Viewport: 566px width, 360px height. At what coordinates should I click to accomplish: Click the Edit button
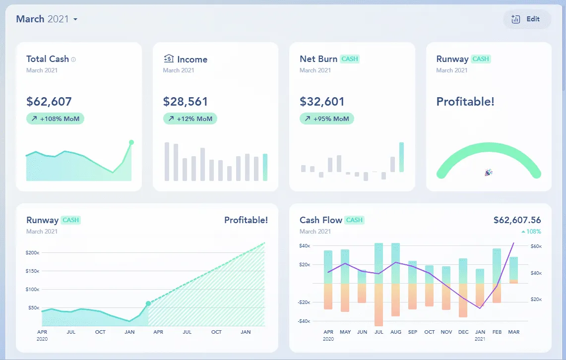point(527,19)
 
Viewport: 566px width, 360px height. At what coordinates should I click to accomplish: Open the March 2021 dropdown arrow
point(75,20)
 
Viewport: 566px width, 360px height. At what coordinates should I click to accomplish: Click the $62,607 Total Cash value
point(49,102)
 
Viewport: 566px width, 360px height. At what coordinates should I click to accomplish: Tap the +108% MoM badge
point(55,119)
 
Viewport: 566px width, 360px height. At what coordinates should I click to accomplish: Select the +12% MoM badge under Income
point(190,119)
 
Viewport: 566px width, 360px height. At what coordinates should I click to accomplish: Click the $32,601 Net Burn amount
point(322,102)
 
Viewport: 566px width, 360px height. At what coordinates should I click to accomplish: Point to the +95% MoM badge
point(326,119)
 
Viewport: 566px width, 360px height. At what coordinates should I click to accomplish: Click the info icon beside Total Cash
point(73,60)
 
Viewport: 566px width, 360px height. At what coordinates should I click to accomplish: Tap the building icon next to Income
point(169,59)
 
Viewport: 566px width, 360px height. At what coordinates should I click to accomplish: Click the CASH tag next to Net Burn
point(350,59)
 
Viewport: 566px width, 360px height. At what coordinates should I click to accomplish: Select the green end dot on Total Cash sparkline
point(131,142)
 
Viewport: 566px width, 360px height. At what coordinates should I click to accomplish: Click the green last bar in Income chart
point(265,167)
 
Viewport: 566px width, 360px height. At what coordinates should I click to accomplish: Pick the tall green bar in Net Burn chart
point(401,157)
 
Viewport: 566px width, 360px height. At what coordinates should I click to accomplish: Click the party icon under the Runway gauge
point(489,173)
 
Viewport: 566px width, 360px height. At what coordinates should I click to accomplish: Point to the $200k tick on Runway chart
point(32,253)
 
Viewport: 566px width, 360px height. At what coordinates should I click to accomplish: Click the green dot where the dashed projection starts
point(148,303)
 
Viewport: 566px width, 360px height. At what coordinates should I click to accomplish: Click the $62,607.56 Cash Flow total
point(517,220)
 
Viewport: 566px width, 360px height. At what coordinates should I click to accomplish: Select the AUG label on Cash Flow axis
point(396,332)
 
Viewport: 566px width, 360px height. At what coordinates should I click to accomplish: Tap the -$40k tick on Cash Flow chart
point(305,321)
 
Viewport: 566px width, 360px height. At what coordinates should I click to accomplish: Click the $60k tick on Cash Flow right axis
point(536,246)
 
